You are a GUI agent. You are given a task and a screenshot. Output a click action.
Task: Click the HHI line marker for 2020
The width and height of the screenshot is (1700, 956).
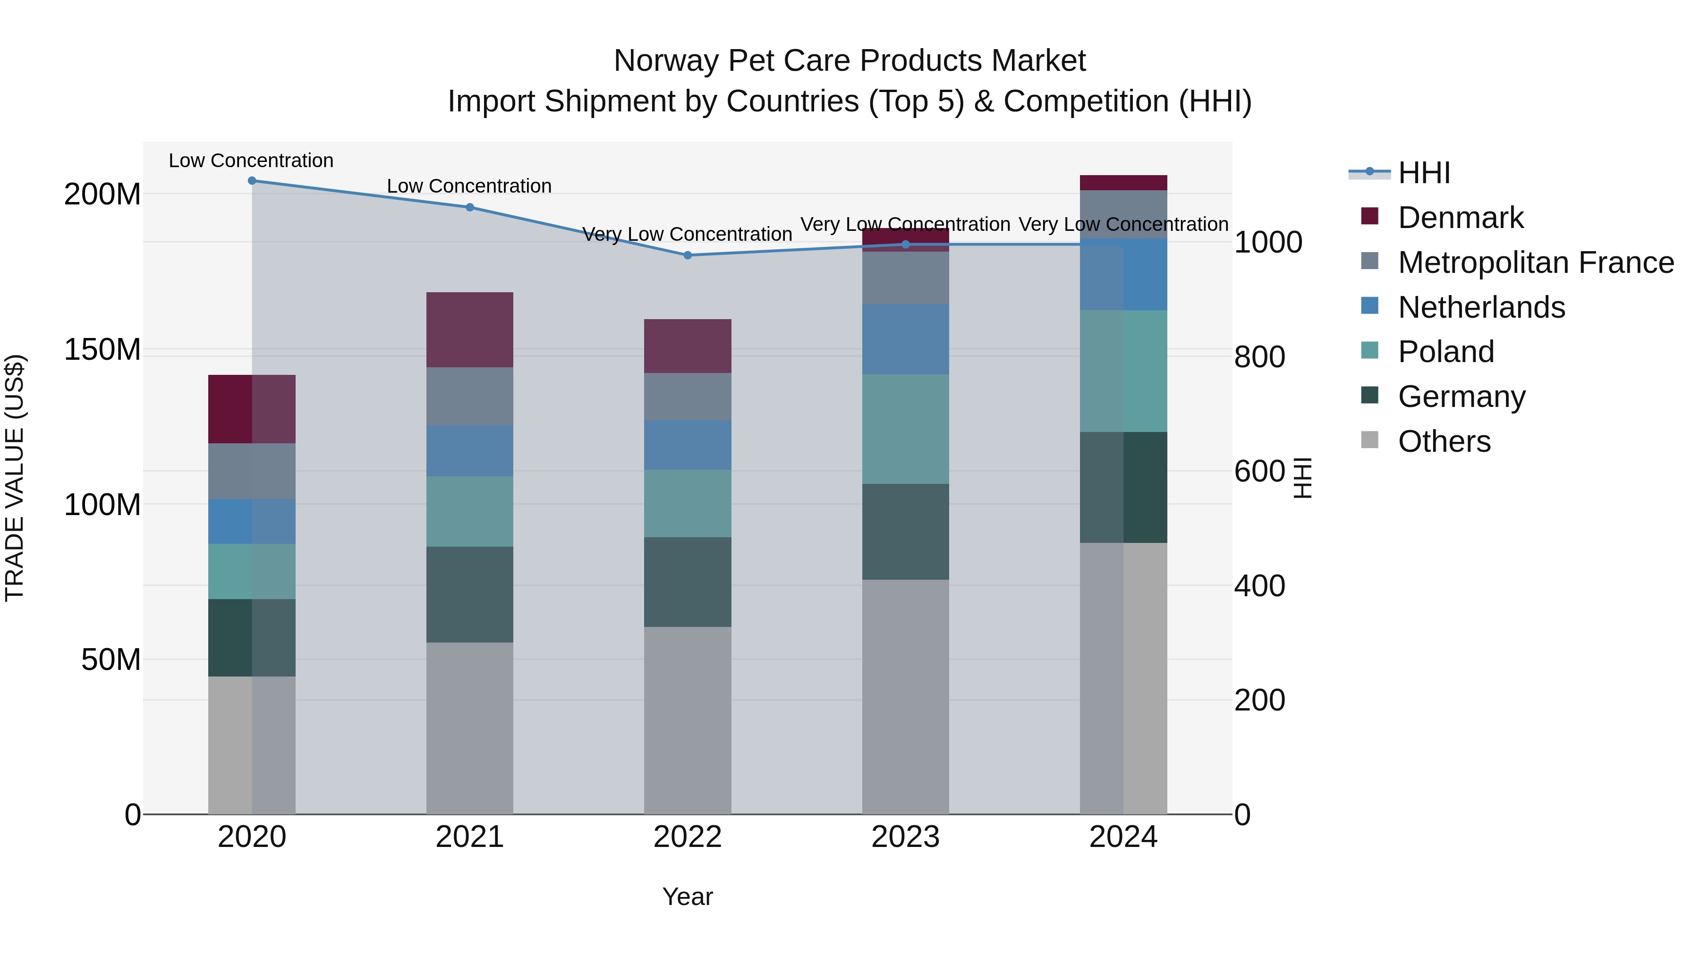pyautogui.click(x=251, y=181)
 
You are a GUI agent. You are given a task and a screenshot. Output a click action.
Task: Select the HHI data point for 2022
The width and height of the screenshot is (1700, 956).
pyautogui.click(x=687, y=255)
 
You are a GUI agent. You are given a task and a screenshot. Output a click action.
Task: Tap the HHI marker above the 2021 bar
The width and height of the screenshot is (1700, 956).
pyautogui.click(x=469, y=207)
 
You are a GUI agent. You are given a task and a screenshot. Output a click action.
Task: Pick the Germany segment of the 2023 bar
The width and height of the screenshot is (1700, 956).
pyautogui.click(x=905, y=532)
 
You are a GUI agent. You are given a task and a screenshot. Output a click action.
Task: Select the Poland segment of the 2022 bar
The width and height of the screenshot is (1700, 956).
pyautogui.click(x=687, y=503)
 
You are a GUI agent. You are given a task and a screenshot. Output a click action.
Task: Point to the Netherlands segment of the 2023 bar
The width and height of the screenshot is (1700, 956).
pyautogui.click(x=905, y=339)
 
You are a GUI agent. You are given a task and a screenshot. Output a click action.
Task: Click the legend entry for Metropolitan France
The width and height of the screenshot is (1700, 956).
pyautogui.click(x=1535, y=262)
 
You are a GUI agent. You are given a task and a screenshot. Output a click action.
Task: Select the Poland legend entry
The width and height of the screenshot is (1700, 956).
pyautogui.click(x=1445, y=352)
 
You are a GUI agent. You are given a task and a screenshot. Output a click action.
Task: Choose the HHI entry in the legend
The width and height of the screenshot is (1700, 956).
pyautogui.click(x=1423, y=173)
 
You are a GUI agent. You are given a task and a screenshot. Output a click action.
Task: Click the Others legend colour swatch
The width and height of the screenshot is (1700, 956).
pyautogui.click(x=1369, y=440)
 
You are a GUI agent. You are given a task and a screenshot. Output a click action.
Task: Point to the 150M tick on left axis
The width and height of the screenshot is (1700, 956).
pyautogui.click(x=102, y=350)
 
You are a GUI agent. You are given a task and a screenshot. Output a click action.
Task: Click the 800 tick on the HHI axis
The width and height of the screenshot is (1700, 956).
pyautogui.click(x=1258, y=357)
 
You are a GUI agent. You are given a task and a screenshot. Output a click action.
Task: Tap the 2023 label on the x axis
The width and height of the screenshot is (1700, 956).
pyautogui.click(x=905, y=837)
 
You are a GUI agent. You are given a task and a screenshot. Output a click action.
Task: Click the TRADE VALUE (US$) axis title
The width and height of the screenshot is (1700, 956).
pyautogui.click(x=15, y=478)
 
